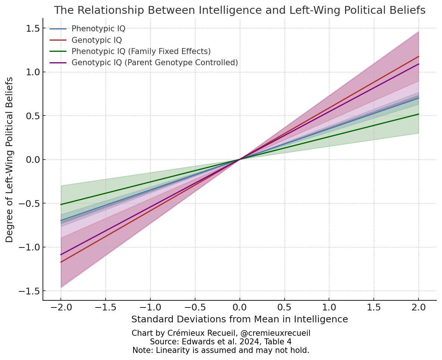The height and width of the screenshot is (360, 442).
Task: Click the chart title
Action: pyautogui.click(x=239, y=10)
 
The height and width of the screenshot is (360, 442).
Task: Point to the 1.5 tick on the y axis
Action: pyautogui.click(x=33, y=28)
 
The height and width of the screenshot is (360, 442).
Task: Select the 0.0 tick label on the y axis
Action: pyautogui.click(x=33, y=160)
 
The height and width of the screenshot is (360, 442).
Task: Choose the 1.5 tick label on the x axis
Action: pyautogui.click(x=374, y=307)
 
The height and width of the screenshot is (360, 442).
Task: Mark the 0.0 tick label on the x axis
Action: pyautogui.click(x=239, y=307)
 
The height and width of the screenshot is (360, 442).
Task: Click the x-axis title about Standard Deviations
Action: pyautogui.click(x=239, y=319)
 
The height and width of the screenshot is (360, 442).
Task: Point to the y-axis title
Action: pyautogui.click(x=10, y=160)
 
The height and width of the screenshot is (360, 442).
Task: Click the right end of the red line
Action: pyautogui.click(x=419, y=57)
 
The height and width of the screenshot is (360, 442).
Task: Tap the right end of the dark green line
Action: pyautogui.click(x=419, y=114)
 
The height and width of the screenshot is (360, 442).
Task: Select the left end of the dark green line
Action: pyautogui.click(x=61, y=205)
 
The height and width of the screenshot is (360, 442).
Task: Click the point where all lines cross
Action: pyautogui.click(x=239, y=160)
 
